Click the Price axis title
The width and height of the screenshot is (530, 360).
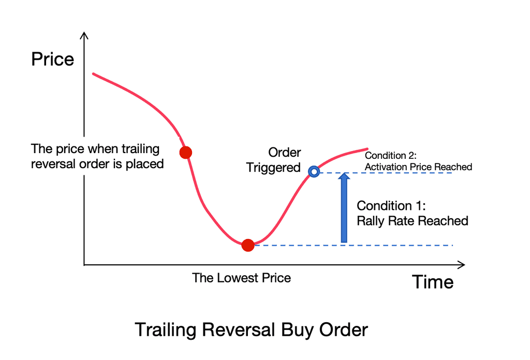[x=52, y=59]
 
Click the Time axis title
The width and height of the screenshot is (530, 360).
[x=433, y=282]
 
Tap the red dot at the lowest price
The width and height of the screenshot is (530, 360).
[x=248, y=245]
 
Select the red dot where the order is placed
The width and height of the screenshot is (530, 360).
[x=185, y=152]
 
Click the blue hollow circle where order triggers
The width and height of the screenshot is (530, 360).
[x=313, y=172]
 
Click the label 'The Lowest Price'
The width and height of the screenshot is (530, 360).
[x=241, y=278]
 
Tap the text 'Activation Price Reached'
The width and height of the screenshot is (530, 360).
[x=419, y=167]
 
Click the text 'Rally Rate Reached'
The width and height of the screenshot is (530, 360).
[x=413, y=221]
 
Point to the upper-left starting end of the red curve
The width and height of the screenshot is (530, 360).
[x=94, y=74]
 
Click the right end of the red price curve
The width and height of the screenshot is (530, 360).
[x=366, y=149]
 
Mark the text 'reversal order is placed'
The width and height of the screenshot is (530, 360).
[x=97, y=164]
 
